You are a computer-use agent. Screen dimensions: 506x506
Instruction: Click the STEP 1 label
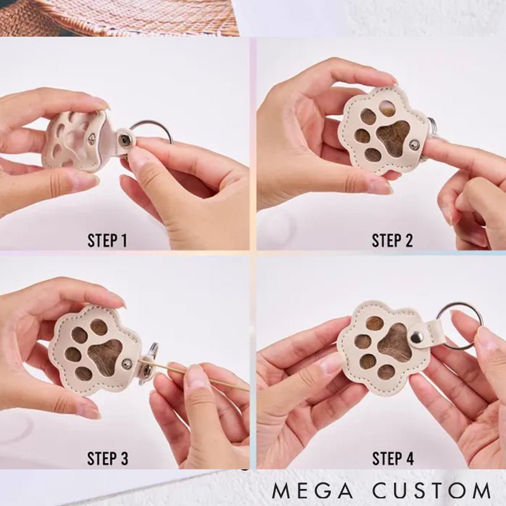point(107,240)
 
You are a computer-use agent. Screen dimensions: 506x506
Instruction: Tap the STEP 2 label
point(392,240)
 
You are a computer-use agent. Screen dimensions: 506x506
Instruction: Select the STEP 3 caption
point(108,458)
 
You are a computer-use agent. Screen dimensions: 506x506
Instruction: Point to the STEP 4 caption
point(393,458)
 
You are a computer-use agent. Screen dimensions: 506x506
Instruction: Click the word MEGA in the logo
point(312,491)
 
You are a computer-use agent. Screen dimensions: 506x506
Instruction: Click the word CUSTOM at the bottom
point(432,491)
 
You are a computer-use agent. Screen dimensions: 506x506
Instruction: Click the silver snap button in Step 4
point(417,337)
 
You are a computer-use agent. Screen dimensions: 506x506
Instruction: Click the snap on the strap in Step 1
point(123,139)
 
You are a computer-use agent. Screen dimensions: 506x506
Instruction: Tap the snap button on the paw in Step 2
point(414,145)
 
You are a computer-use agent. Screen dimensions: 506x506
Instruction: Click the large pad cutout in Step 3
point(106,356)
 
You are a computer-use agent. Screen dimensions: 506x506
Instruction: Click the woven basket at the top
point(120,18)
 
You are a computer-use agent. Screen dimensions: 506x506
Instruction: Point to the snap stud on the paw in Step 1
point(92,139)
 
